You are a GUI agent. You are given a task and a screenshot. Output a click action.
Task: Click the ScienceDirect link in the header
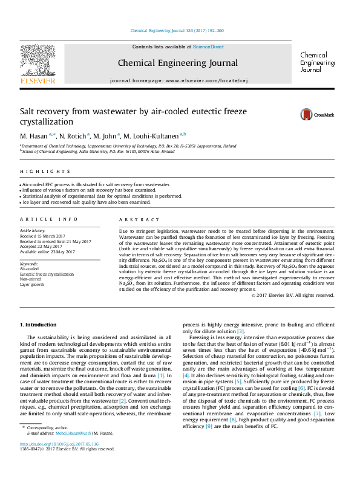coord(208,47)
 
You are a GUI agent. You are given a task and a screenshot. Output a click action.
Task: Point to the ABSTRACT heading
coord(136,219)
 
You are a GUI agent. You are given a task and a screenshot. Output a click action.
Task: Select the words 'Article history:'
coord(34,231)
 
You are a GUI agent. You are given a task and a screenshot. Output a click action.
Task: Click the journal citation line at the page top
coord(177,31)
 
